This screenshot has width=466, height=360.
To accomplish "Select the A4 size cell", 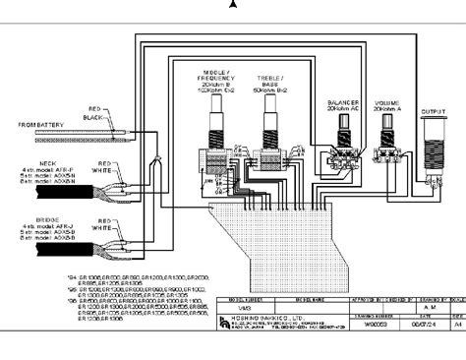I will [x=455, y=321].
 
